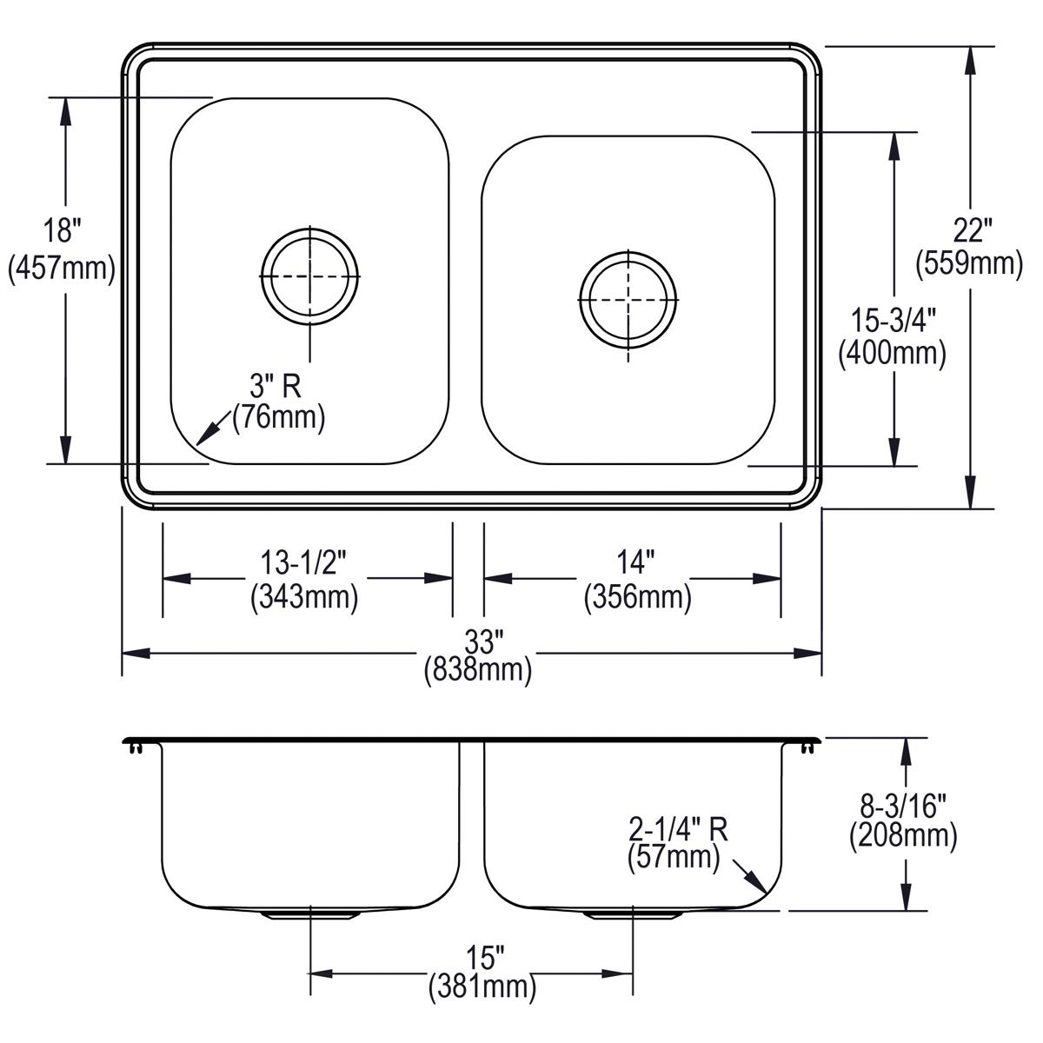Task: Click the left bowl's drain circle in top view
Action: [x=310, y=276]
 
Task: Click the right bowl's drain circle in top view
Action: [x=628, y=300]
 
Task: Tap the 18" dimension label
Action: [x=62, y=229]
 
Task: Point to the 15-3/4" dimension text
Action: [x=894, y=320]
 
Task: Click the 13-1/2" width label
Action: [x=303, y=562]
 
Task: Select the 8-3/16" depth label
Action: [x=903, y=806]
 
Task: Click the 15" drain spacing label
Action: [x=482, y=958]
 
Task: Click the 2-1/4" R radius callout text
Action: [x=679, y=828]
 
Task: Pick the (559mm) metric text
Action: [x=969, y=263]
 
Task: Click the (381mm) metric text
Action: [x=482, y=987]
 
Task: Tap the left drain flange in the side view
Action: [x=310, y=915]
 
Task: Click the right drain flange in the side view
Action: [x=632, y=915]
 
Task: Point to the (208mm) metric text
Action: [x=903, y=835]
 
